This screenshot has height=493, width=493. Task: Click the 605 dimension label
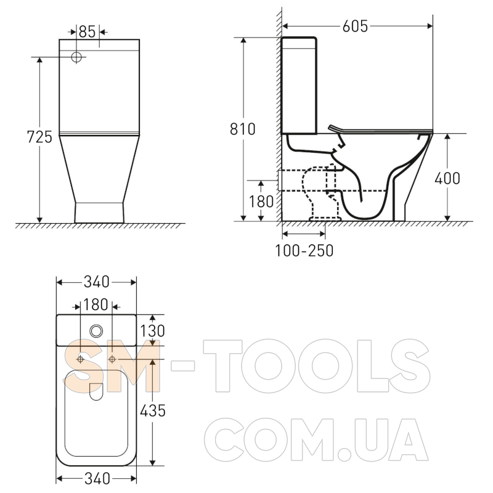click(355, 26)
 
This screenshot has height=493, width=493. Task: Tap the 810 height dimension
click(242, 129)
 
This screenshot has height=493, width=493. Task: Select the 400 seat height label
click(447, 178)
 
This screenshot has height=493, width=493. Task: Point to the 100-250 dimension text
click(304, 251)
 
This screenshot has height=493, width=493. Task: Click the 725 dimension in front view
click(39, 137)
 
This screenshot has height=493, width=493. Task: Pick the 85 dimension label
click(87, 31)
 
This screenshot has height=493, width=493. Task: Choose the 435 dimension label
click(152, 410)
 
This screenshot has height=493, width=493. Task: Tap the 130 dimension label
click(152, 331)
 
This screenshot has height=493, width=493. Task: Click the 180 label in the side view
click(261, 202)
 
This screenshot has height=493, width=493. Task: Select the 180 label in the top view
click(96, 304)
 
